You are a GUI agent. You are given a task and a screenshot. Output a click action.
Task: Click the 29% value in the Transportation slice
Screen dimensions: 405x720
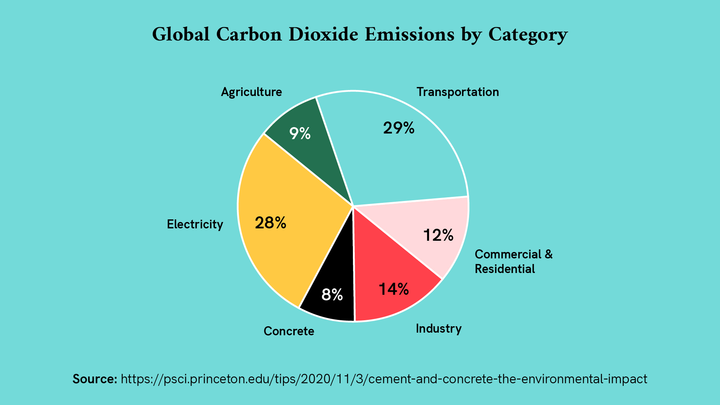(x=399, y=128)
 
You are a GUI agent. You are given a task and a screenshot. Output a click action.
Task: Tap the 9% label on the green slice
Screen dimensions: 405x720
(x=300, y=133)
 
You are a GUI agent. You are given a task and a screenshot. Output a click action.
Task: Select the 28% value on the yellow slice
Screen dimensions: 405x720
(x=270, y=223)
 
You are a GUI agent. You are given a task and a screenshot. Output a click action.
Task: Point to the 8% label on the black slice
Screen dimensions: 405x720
(x=332, y=295)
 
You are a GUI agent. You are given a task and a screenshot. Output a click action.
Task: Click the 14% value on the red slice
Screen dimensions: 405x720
(x=394, y=289)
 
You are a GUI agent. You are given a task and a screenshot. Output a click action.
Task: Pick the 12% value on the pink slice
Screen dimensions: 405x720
(x=438, y=235)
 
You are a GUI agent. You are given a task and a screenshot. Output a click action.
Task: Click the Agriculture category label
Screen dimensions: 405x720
(x=251, y=92)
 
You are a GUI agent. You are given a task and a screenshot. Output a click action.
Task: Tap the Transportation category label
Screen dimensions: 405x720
(x=457, y=92)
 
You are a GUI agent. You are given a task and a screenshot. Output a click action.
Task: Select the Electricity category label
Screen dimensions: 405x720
(x=195, y=224)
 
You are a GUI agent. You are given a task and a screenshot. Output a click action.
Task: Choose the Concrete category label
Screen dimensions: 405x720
(x=289, y=331)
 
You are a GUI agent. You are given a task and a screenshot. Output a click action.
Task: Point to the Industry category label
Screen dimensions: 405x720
(x=438, y=328)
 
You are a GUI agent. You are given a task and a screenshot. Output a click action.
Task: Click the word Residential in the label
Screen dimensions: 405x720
(x=504, y=269)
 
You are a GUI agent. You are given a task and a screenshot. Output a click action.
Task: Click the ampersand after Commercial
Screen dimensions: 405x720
(x=549, y=254)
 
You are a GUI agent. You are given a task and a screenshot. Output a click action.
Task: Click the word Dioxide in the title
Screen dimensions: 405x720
(x=323, y=34)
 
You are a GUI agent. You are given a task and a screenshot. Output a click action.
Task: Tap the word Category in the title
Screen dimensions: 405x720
(x=528, y=34)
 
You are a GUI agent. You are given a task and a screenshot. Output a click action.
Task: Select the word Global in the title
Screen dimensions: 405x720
(x=180, y=34)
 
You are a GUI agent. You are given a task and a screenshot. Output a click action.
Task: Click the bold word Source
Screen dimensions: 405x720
(x=95, y=379)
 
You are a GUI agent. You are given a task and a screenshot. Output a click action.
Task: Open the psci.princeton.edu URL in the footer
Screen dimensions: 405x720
(x=384, y=379)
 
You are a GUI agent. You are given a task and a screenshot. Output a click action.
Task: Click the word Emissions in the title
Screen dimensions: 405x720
(x=409, y=34)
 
